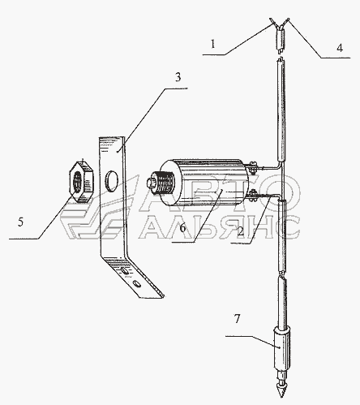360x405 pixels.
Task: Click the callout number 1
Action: pyautogui.click(x=213, y=44)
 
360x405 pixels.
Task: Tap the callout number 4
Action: pyautogui.click(x=340, y=48)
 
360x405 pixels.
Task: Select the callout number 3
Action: pyautogui.click(x=178, y=77)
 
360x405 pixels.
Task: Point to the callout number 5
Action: pyautogui.click(x=20, y=222)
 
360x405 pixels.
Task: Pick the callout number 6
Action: pyautogui.click(x=183, y=228)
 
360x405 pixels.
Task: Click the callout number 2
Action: pyautogui.click(x=240, y=231)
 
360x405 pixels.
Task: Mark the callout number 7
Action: pyautogui.click(x=237, y=319)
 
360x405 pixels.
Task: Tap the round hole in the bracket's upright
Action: pyautogui.click(x=111, y=181)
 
